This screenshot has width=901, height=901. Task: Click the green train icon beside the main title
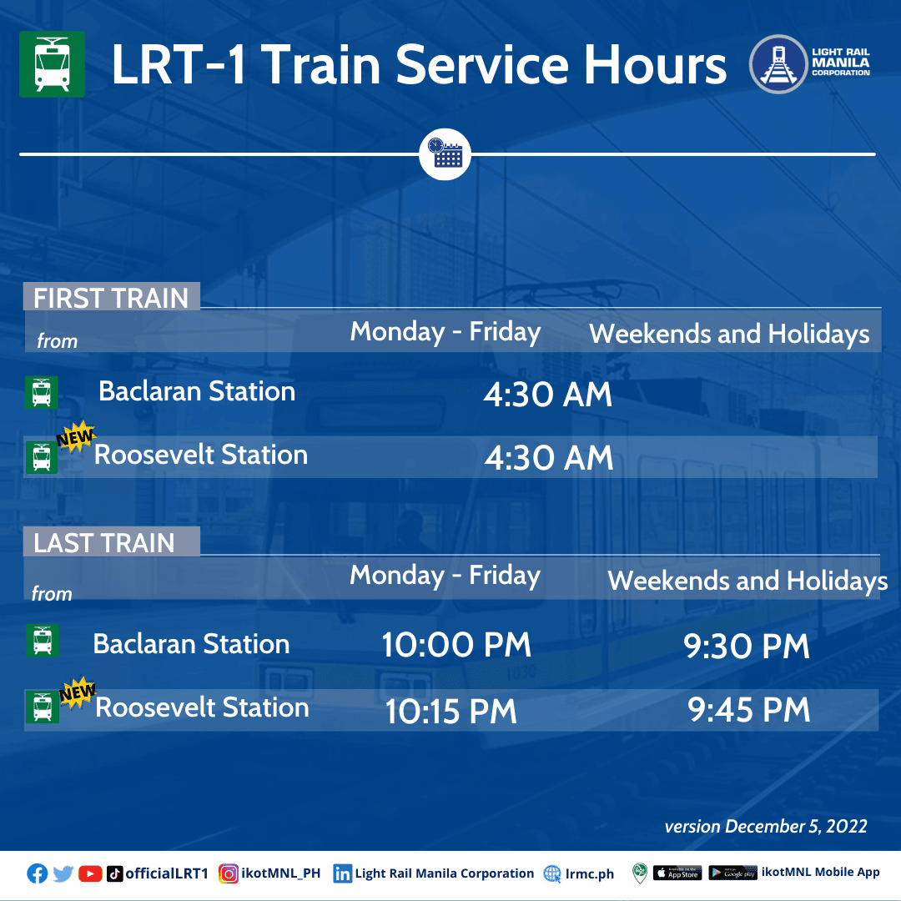pos(53,64)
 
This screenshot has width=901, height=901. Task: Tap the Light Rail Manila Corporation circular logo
pos(778,64)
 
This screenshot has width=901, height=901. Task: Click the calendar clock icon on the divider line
pos(445,154)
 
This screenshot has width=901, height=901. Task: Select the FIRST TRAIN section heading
pos(111,298)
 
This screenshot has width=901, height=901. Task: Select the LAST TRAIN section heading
pos(104,543)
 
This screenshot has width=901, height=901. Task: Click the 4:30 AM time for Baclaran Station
pos(547,395)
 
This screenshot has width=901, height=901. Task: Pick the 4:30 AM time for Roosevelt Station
pos(549,458)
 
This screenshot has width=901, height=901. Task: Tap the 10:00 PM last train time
pos(456,645)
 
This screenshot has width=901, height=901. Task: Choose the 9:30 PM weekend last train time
pos(747,647)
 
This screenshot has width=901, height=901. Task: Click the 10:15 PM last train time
pos(451,712)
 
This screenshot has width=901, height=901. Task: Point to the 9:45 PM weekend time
pos(748,710)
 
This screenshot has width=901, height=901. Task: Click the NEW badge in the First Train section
pos(76,437)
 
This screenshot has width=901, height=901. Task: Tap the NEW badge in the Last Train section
pos(78,692)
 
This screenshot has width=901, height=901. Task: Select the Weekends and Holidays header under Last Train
pos(747,581)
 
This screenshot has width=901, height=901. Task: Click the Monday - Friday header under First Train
pos(445,333)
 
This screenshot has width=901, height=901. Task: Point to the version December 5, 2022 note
pos(766,826)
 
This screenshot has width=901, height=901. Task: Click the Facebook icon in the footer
pos(38,873)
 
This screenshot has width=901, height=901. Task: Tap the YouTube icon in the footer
pos(90,873)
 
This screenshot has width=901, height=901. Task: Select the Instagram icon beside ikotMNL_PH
pos(228,873)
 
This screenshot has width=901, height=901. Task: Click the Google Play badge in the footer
pos(733,873)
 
